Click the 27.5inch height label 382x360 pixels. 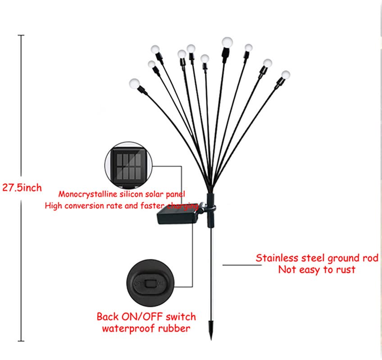22,188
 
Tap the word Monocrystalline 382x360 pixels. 88,194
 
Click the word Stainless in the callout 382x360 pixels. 277,258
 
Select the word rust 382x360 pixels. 346,270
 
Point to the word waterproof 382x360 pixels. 129,328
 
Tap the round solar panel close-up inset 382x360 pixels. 129,166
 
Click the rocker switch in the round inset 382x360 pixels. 150,283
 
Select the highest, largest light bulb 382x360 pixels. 227,42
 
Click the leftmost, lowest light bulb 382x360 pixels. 135,84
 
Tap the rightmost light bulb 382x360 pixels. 286,75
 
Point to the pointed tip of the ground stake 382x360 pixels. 211,340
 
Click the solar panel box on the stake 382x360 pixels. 178,214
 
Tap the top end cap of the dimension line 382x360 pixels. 21,35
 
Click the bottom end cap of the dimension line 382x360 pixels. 21,341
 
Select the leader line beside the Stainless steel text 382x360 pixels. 242,265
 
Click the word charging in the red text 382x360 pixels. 183,206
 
